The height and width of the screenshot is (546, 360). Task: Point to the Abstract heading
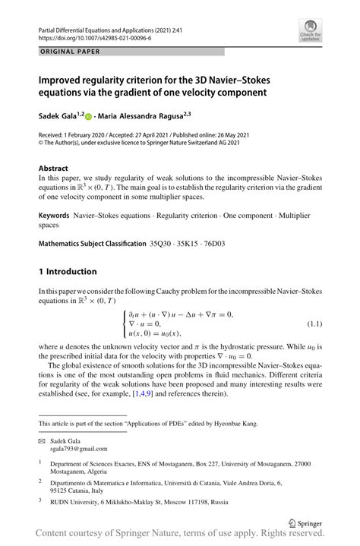55,167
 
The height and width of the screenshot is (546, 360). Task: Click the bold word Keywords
54,216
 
